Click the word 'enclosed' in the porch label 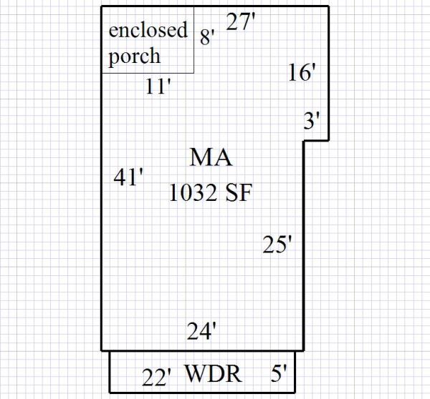click(x=148, y=31)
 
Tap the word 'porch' click(x=135, y=56)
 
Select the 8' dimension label click(x=207, y=37)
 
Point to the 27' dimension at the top click(x=241, y=22)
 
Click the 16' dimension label click(x=302, y=73)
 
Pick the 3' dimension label click(x=311, y=121)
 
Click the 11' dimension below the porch click(x=158, y=87)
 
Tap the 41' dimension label click(x=129, y=177)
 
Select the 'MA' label click(x=211, y=157)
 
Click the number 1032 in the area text click(x=193, y=192)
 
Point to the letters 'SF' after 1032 click(x=238, y=192)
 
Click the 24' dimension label click(x=201, y=331)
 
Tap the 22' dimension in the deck click(x=156, y=377)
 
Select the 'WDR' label click(x=213, y=374)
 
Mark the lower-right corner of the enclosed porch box click(x=194, y=72)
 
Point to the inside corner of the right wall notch click(x=304, y=140)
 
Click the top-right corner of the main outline click(x=328, y=6)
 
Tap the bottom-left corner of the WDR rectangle click(x=110, y=392)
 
